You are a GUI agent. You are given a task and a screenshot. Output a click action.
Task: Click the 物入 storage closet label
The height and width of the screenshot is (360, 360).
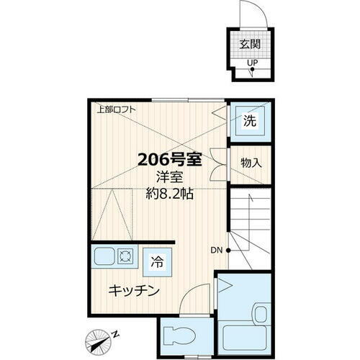(x=251, y=163)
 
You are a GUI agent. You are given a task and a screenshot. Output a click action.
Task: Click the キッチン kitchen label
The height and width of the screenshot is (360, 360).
(x=134, y=291)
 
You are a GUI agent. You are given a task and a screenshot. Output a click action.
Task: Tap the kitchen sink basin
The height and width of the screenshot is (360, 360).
(x=101, y=258)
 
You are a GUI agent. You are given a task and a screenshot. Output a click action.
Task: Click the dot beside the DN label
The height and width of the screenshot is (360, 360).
(x=228, y=251)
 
